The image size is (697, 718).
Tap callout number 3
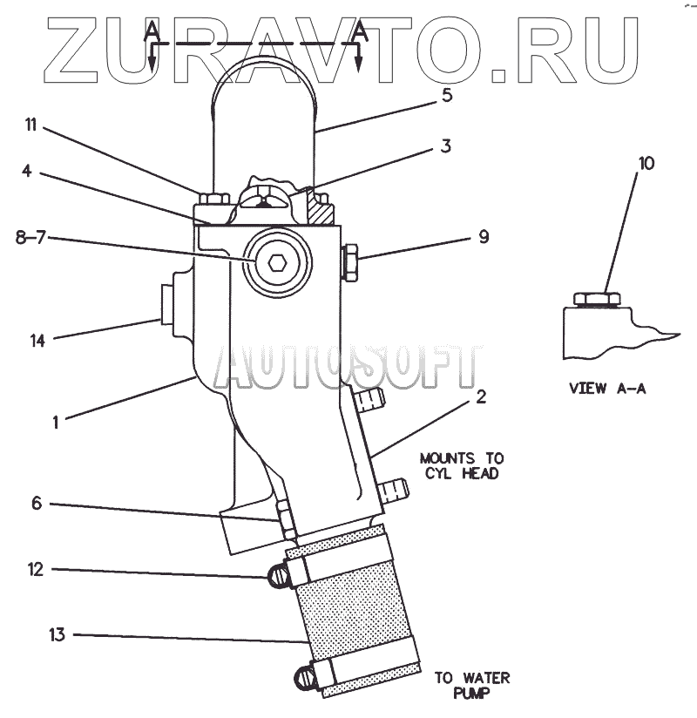(444, 146)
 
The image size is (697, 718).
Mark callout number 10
(645, 163)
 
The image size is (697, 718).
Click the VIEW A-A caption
(607, 389)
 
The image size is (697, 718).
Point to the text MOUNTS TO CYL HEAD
(461, 466)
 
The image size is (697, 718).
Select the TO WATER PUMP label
(473, 686)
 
